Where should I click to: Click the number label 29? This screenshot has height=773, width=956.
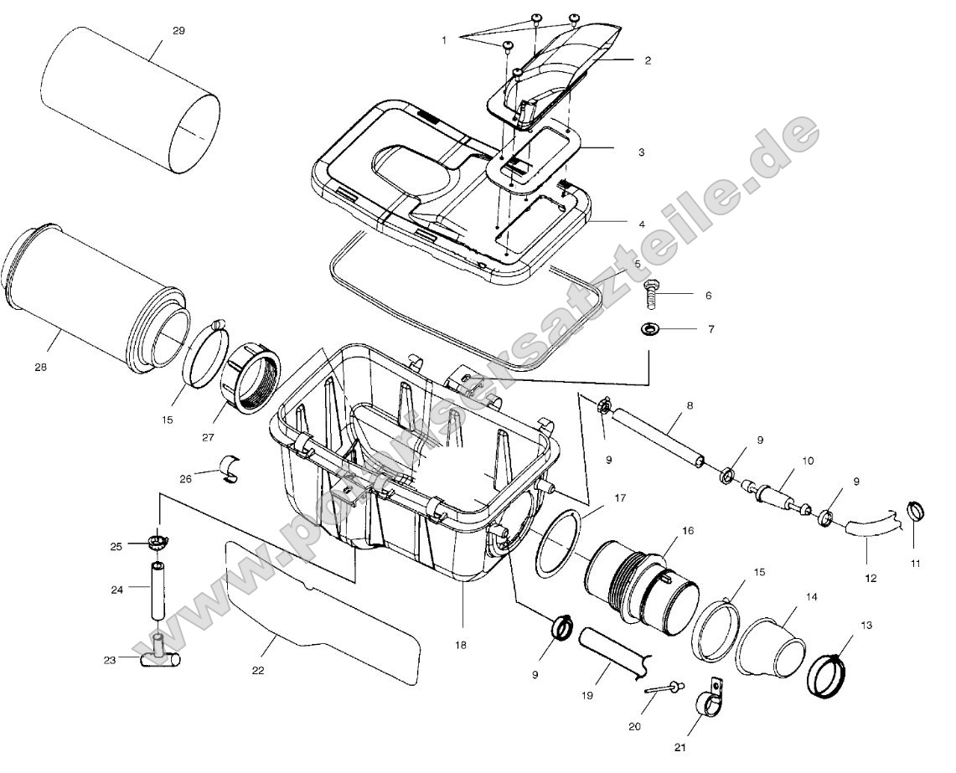click(x=178, y=31)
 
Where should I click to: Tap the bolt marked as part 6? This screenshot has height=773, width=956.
click(x=651, y=295)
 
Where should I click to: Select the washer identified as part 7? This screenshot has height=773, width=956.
click(x=651, y=328)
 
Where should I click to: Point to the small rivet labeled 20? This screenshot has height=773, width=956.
click(x=663, y=688)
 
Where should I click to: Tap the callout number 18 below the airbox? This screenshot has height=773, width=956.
click(x=460, y=645)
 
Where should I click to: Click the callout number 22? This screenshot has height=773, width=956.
click(x=258, y=670)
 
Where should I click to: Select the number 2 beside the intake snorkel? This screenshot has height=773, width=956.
click(x=648, y=61)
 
